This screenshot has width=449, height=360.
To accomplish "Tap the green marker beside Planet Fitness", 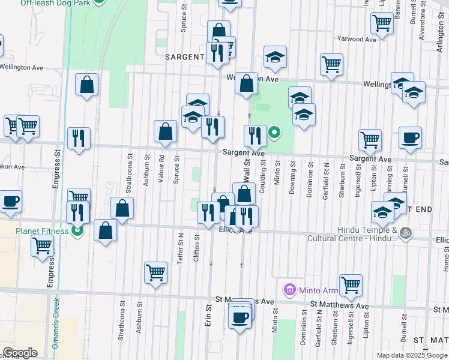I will pyautogui.click(x=77, y=230).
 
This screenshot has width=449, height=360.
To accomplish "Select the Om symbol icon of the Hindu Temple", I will pyautogui.click(x=405, y=232).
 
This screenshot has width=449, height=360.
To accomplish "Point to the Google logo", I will pyautogui.click(x=20, y=353).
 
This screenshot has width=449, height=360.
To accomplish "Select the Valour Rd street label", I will pyautogui.click(x=161, y=170).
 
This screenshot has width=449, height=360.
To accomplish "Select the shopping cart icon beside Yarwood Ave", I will pyautogui.click(x=382, y=23).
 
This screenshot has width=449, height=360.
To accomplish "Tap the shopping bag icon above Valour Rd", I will pyautogui.click(x=165, y=131).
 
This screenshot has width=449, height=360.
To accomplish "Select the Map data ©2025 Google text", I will pyautogui.click(x=412, y=355).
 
